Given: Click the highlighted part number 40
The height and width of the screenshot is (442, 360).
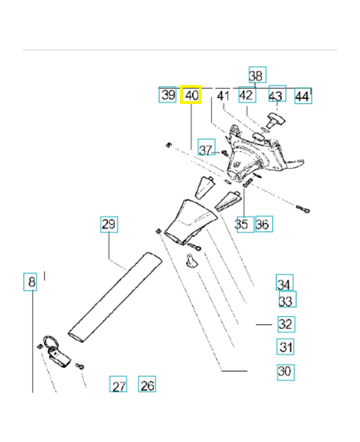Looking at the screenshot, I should pos(192,95).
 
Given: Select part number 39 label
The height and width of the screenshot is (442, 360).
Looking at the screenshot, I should pos(168,95).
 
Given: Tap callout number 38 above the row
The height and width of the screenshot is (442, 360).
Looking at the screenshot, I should pos(256,75).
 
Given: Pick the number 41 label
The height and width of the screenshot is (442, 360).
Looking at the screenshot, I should pos(223,96).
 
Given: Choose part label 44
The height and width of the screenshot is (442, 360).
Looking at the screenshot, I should pos(302,96).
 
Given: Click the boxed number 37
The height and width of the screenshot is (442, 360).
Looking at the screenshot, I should pos(206,149).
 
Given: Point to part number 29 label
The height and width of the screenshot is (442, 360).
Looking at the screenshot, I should pos(109,224).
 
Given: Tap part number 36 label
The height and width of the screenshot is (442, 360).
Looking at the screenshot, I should pos(263,224).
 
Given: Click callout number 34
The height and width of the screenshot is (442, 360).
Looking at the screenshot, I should pos(284,284).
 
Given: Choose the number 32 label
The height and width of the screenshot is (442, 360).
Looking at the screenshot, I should pos(285,324).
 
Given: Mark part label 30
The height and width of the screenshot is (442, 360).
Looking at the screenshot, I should pos(284,371).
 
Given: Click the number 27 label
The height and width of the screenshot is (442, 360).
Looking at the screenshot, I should pos(118,386).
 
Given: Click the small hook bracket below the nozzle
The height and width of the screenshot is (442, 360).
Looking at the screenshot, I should pos(192,259).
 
